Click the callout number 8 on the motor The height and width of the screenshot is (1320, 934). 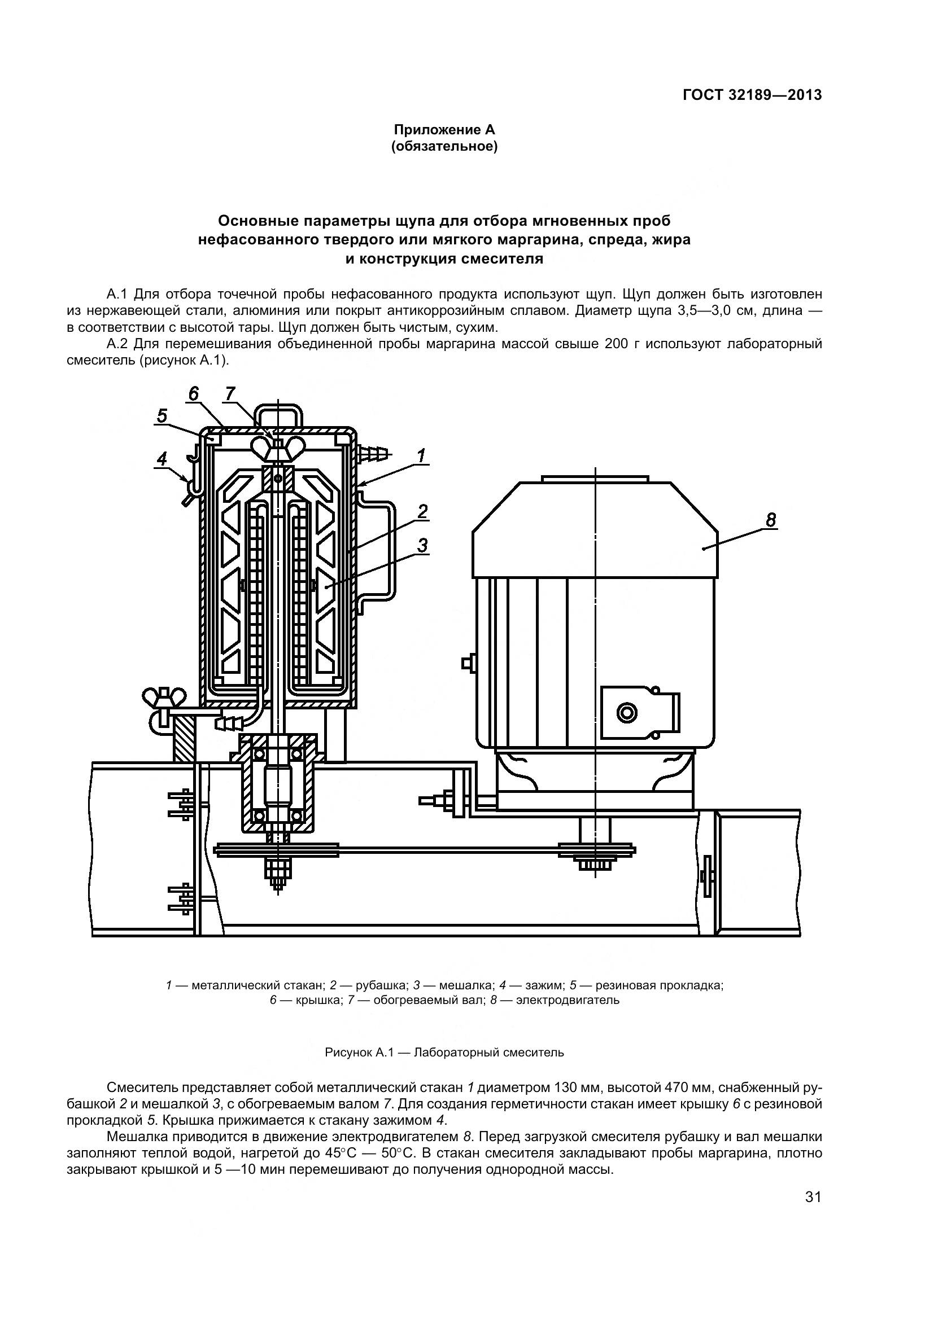(x=770, y=520)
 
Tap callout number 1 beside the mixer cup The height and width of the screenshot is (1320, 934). (x=421, y=456)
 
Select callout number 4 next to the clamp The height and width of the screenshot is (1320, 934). (x=162, y=459)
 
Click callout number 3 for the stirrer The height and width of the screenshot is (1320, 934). (x=423, y=545)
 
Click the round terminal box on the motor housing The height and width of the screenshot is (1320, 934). (x=627, y=713)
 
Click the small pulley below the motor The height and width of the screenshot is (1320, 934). (x=597, y=849)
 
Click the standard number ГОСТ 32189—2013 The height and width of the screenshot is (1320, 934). (x=752, y=95)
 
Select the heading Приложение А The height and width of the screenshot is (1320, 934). (x=444, y=130)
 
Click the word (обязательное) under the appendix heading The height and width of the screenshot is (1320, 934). (x=444, y=147)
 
